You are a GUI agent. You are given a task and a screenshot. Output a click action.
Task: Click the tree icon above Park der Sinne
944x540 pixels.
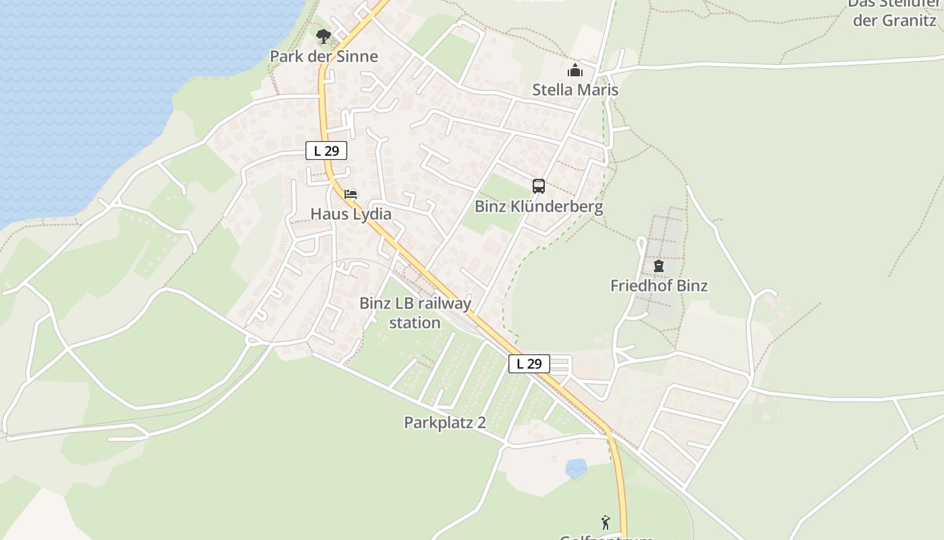(x=324, y=36)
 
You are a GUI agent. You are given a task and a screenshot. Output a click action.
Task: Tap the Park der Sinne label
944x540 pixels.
(x=324, y=56)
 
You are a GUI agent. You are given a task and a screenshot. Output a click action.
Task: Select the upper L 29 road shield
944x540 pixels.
(x=326, y=151)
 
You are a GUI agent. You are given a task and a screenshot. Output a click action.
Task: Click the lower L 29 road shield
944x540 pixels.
(x=529, y=364)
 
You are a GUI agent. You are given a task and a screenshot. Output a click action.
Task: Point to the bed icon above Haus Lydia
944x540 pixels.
(x=351, y=194)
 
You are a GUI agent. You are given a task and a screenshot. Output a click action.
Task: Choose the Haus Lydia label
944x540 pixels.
(x=351, y=214)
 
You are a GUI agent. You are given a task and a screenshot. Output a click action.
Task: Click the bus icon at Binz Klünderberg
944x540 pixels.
(x=538, y=186)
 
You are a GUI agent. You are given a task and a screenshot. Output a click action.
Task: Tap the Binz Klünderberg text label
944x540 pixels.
(x=539, y=207)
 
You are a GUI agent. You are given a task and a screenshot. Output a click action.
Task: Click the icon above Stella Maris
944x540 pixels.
(x=574, y=70)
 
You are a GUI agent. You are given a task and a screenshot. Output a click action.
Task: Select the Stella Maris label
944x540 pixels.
(x=575, y=90)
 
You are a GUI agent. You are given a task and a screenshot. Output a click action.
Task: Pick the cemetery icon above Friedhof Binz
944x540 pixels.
(x=659, y=266)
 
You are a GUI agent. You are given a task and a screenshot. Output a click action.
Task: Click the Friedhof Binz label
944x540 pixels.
(x=659, y=286)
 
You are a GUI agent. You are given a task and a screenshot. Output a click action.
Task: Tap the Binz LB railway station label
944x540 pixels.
(x=415, y=313)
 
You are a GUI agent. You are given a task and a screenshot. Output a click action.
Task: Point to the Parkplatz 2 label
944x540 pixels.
(x=445, y=423)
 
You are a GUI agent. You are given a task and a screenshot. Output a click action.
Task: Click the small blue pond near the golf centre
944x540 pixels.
(x=576, y=468)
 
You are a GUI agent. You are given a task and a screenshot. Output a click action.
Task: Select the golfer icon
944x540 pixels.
(x=606, y=522)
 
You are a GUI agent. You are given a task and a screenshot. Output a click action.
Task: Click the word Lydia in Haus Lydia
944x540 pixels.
(x=370, y=214)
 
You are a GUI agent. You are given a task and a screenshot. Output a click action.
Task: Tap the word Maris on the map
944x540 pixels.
(x=598, y=90)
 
